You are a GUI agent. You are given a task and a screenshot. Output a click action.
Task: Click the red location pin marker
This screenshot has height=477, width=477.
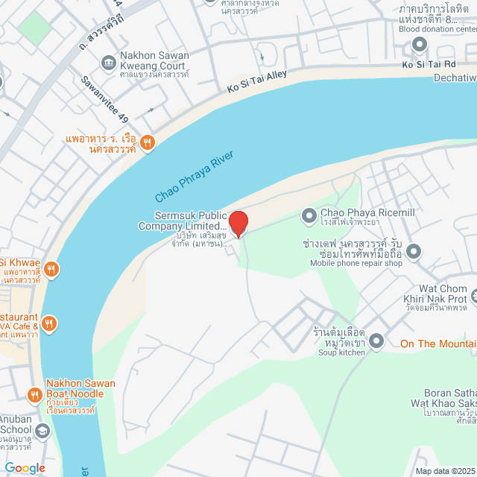[238, 223]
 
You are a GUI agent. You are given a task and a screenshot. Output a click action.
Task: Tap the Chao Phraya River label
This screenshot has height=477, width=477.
[195, 177]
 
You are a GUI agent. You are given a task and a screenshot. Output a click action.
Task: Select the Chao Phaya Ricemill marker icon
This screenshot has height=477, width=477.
[309, 216]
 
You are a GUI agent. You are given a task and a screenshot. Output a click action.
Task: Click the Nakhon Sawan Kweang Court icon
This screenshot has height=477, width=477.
[108, 60]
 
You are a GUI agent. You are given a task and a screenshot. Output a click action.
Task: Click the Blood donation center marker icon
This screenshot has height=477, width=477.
[420, 44]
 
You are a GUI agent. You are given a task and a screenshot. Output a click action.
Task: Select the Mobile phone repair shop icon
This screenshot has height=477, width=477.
[414, 250]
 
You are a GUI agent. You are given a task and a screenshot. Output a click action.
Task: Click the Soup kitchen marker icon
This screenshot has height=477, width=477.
[376, 341]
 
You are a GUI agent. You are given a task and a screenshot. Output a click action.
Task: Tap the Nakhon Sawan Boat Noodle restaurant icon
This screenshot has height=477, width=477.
[34, 394]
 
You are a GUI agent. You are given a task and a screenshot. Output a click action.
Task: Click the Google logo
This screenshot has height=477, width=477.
[24, 468]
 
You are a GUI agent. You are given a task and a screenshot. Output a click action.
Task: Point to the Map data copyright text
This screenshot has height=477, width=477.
[445, 470]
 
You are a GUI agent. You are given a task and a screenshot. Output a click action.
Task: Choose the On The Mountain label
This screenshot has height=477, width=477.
[438, 344]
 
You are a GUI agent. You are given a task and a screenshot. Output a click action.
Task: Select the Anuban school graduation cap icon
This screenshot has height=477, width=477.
[42, 431]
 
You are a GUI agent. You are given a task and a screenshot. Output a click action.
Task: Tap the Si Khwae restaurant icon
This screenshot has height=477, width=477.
[51, 268]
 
